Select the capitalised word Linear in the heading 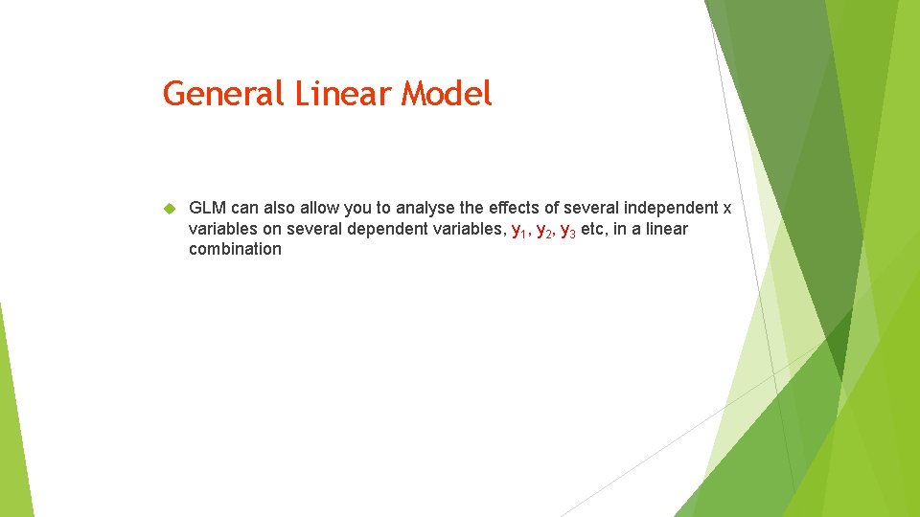point(343,94)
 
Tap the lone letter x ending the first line point(726,208)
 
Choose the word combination point(235,250)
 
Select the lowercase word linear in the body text point(667,229)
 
